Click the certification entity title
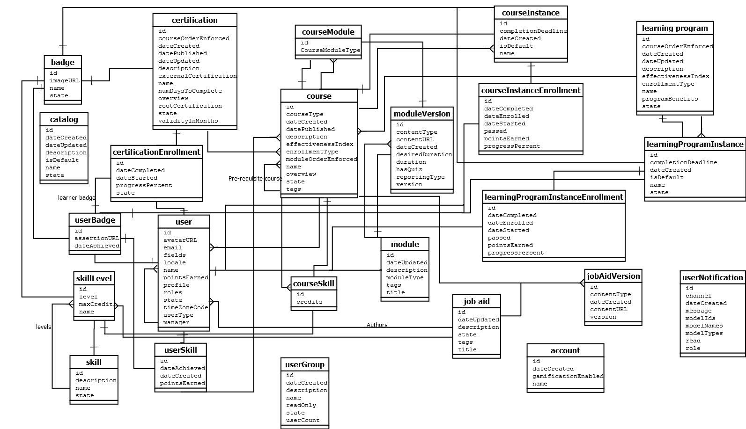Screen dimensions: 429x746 194,20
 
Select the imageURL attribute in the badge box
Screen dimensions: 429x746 65,80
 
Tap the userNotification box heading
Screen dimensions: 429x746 712,277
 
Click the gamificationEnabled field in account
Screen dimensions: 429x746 568,376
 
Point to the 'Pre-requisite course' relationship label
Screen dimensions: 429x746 255,179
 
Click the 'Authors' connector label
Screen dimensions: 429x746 377,325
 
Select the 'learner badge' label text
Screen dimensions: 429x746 77,198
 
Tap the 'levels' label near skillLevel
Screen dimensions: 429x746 44,327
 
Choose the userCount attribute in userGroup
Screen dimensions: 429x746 303,420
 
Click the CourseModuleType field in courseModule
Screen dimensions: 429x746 330,50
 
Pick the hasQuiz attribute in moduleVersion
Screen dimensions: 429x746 409,169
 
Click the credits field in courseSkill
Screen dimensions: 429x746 309,302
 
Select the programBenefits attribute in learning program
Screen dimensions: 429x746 670,99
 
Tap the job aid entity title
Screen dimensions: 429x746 476,301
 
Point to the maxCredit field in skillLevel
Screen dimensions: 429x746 95,304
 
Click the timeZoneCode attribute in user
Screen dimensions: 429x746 185,307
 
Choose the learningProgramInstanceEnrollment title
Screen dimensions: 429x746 554,197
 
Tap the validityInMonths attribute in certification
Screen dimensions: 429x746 188,121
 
